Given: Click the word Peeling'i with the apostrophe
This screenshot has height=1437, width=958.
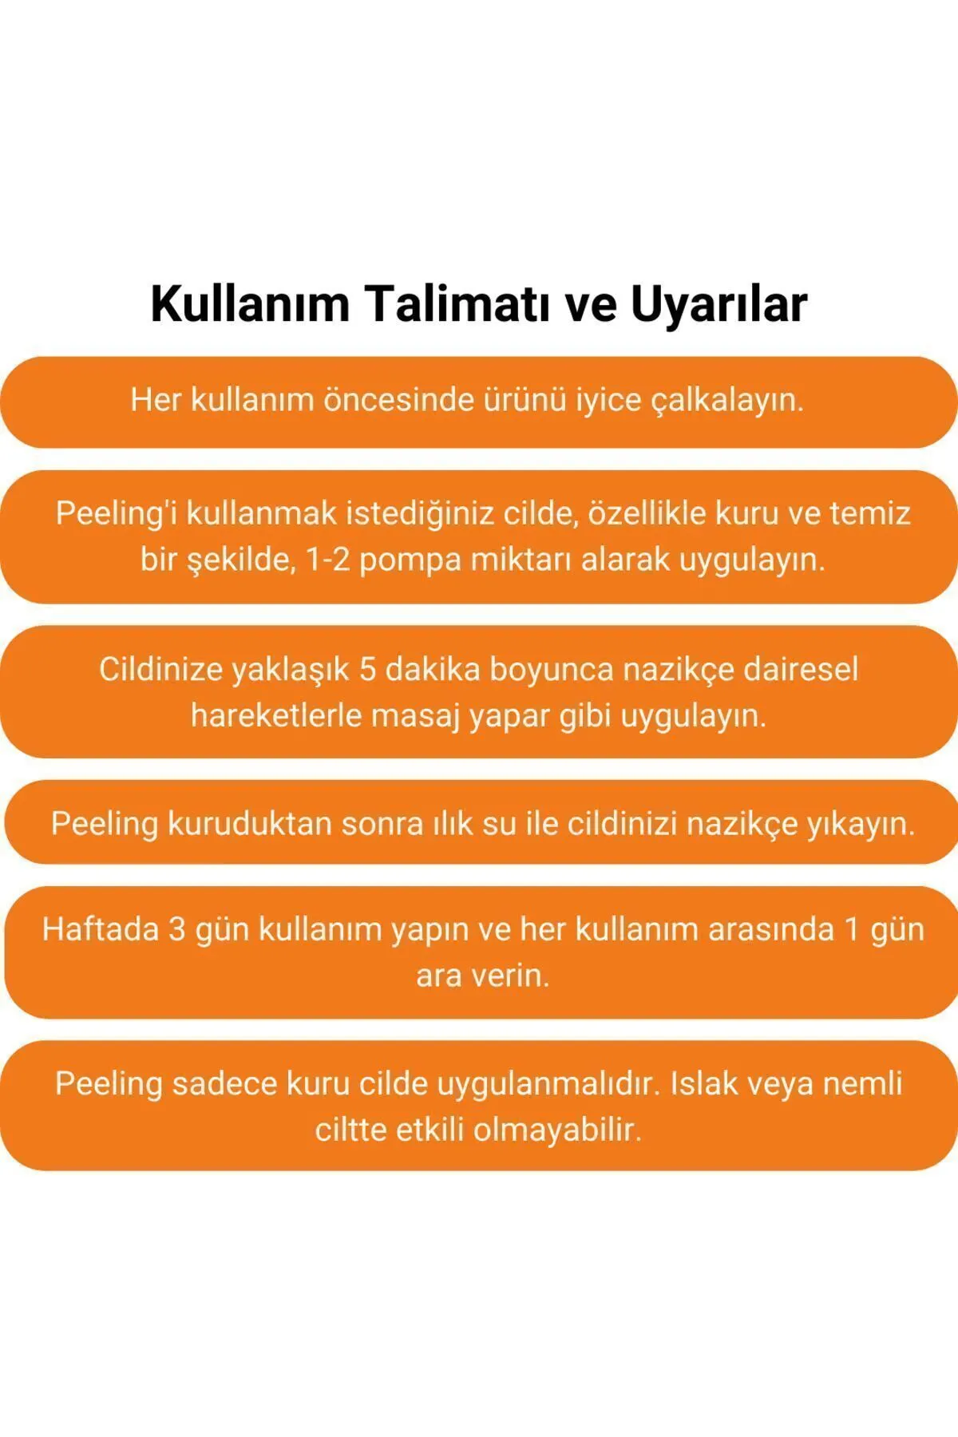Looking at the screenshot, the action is pyautogui.click(x=117, y=513).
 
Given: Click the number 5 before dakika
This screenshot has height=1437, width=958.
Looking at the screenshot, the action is pyautogui.click(x=367, y=669).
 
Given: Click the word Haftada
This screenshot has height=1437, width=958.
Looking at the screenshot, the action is pyautogui.click(x=101, y=929).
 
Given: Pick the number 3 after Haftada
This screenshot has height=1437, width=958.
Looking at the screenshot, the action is pyautogui.click(x=177, y=929).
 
